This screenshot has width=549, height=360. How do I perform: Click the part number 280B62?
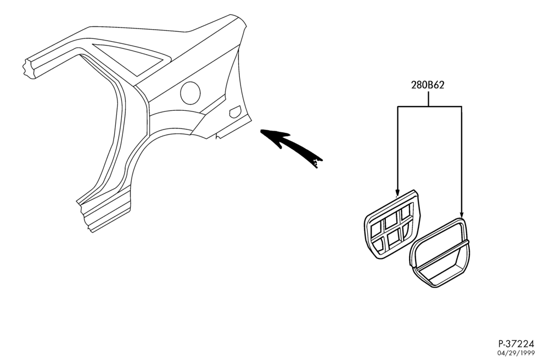428,85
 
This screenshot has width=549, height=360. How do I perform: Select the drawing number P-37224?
517,344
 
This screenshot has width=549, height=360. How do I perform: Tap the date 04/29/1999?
517,353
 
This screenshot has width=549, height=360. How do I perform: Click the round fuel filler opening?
190,93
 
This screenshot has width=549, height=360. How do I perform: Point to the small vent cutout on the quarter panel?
234,111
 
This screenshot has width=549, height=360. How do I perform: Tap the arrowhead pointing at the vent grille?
397,193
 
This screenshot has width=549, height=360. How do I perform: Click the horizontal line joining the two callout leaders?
429,106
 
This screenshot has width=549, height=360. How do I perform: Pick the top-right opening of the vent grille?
406,212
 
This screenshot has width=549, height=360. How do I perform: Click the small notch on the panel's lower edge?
218,136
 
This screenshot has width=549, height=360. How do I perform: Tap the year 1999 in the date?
528,353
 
